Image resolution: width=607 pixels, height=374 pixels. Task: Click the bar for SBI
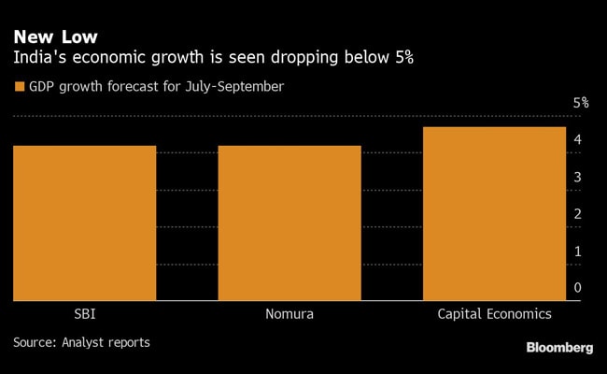point(85,223)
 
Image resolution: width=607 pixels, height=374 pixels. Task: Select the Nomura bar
point(289,223)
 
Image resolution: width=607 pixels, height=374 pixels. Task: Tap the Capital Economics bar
point(494,213)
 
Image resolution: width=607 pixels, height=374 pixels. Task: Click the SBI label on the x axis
point(85,313)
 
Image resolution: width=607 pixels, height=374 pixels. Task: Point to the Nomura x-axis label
point(289,313)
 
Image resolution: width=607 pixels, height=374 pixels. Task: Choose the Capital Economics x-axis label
point(494,313)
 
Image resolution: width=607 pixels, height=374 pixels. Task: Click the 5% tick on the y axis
point(580,103)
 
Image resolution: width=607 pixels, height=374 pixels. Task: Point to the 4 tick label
point(578,140)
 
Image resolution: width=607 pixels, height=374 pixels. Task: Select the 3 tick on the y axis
point(578,177)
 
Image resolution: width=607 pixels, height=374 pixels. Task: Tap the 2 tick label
point(578,214)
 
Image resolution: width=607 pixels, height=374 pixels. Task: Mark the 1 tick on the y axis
point(578,251)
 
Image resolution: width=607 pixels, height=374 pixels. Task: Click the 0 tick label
point(578,288)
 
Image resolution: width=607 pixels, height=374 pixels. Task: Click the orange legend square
point(19,87)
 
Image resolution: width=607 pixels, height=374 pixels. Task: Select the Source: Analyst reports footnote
point(81,342)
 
